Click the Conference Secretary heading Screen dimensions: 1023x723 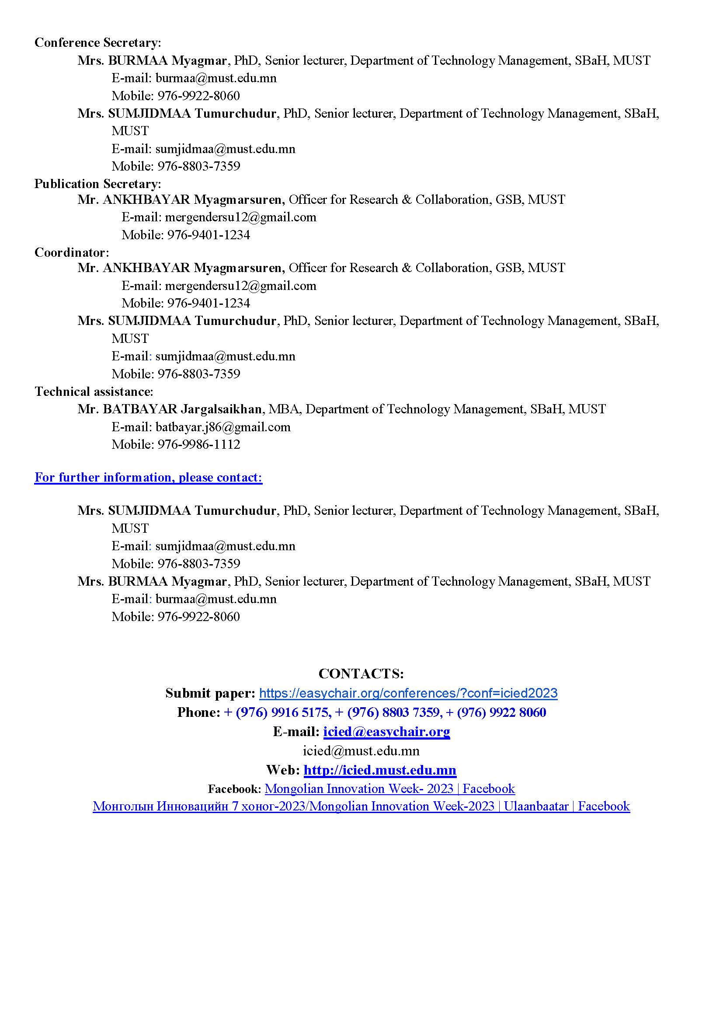coord(97,43)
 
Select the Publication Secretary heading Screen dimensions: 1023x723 coord(97,184)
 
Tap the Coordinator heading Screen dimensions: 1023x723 coord(71,253)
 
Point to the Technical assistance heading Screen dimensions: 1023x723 coord(94,391)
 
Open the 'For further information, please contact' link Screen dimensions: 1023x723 coord(148,478)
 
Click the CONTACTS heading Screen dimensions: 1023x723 coord(361,674)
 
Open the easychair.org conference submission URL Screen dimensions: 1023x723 coord(408,693)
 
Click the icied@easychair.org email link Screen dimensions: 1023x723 coord(386,732)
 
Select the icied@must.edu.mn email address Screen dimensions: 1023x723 coord(361,751)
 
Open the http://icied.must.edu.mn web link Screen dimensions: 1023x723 coord(380,770)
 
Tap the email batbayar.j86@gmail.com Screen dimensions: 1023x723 coord(222,427)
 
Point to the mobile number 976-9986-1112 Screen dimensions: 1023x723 coord(198,445)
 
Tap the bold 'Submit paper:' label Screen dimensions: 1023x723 coord(210,693)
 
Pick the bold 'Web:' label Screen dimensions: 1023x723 coord(283,770)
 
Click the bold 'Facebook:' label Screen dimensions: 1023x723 coord(234,789)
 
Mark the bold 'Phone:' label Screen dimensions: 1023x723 coord(198,713)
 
